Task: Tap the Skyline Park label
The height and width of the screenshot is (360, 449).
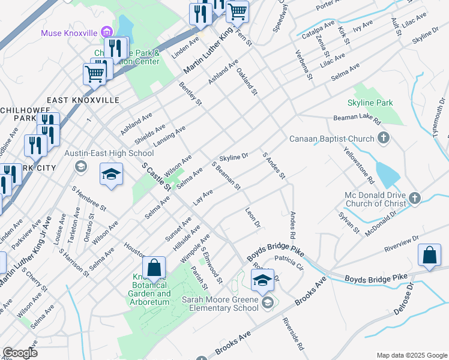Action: tap(370, 103)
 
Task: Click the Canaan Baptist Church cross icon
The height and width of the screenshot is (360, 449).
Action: tap(384, 139)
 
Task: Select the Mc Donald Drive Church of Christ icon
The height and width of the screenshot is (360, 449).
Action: tap(414, 197)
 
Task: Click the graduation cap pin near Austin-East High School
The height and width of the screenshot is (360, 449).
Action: tap(111, 175)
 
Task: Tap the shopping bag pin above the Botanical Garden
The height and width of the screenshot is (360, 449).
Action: tap(154, 268)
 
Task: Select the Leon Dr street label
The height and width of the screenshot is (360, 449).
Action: tap(253, 217)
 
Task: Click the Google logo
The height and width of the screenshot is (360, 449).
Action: tap(20, 353)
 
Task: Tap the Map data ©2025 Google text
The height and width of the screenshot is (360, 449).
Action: tap(411, 355)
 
